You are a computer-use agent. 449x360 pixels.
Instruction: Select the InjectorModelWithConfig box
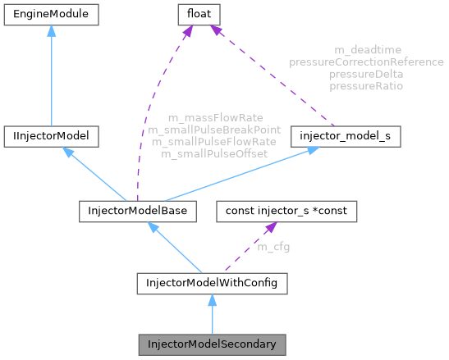coord(212,285)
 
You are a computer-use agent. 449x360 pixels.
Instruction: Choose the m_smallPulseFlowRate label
coord(213,142)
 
